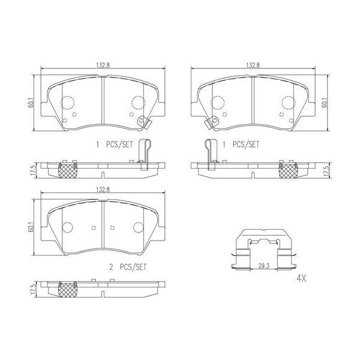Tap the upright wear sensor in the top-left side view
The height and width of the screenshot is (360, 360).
[x=144, y=154]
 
